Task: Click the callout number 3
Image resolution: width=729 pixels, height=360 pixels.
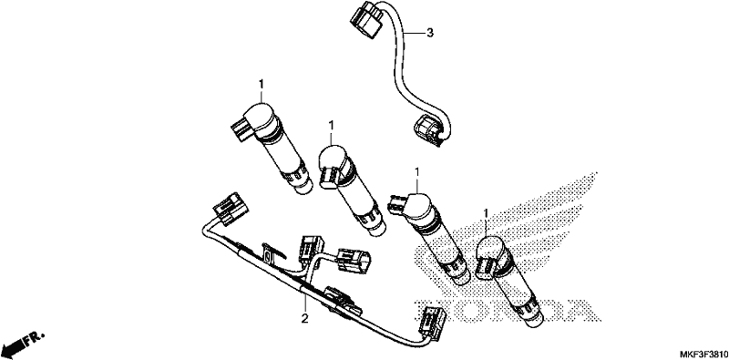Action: (430, 33)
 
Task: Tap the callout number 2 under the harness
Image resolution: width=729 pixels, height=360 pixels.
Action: (304, 319)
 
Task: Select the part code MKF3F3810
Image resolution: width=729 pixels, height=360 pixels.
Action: (702, 353)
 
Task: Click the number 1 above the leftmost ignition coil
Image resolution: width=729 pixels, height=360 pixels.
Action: (261, 84)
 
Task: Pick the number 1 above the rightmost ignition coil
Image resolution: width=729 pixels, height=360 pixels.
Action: (486, 214)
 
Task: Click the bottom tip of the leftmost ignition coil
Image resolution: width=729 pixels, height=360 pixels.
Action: (304, 187)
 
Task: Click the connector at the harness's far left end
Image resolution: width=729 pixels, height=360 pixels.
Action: (231, 209)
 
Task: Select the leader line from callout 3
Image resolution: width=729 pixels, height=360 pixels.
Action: (414, 33)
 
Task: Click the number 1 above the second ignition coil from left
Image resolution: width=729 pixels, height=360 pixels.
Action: (331, 125)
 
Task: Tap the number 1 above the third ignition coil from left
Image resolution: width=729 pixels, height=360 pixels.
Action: (416, 172)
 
